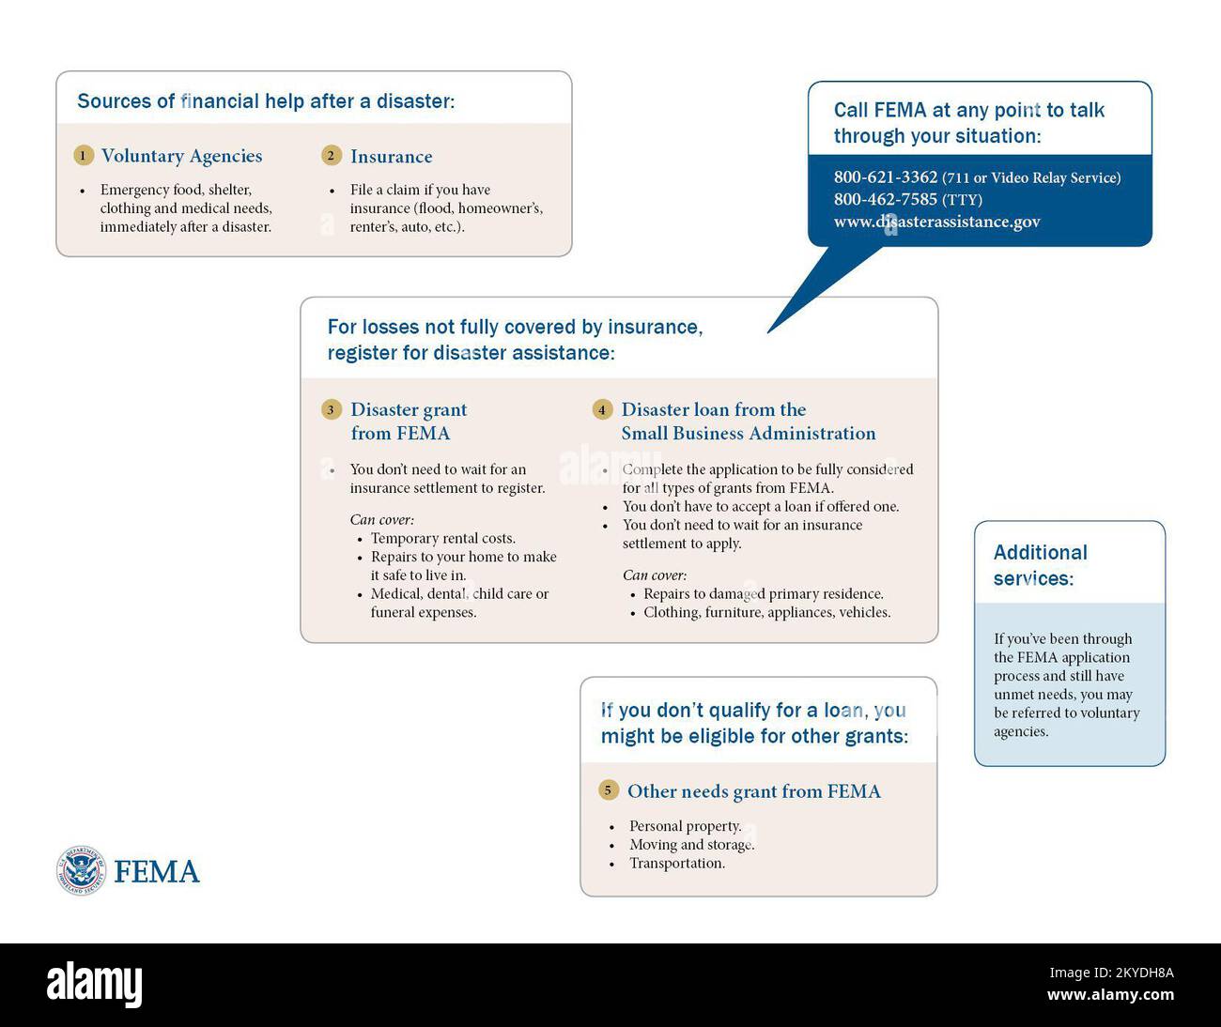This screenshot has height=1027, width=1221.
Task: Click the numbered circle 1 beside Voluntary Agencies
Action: pos(84,156)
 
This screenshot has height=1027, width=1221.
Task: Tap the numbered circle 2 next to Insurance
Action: pos(331,156)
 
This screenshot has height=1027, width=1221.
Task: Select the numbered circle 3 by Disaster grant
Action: pos(331,409)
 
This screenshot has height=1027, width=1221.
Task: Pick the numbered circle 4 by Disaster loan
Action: pos(602,409)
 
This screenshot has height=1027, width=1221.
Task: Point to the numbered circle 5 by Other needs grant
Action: pos(608,790)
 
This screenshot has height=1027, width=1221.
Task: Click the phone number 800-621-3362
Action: pos(885,177)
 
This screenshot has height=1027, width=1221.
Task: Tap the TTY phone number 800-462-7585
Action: pos(885,199)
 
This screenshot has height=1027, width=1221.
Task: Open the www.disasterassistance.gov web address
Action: pos(936,222)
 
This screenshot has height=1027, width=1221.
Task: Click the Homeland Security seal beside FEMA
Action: pos(81,870)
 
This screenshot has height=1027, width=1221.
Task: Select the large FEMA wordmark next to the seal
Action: pos(157,872)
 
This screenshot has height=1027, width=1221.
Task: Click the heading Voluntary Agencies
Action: pos(181,156)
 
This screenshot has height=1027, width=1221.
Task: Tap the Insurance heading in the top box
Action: pos(391,157)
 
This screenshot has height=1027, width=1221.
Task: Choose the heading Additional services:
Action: pos(1040,565)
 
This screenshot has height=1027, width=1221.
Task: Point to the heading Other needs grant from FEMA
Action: pos(753,791)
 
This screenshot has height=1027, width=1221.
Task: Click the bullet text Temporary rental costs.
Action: pos(442,538)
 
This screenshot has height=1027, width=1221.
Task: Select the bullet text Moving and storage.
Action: pos(691,845)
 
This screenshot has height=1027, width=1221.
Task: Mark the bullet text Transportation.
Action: pos(676,864)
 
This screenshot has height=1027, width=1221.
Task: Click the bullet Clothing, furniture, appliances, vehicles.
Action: pos(766,612)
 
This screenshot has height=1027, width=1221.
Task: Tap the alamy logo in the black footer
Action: pos(95,984)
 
